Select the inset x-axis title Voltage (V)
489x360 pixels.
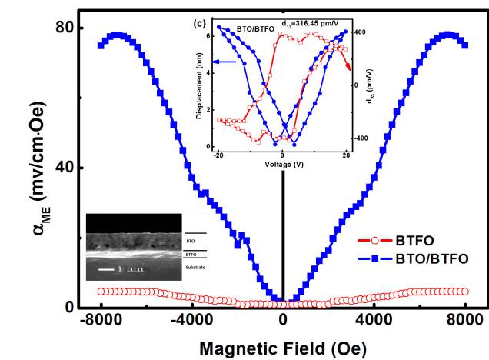pos(283,164)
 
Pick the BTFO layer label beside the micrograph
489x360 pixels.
pos(191,252)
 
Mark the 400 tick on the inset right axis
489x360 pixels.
pos(360,32)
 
